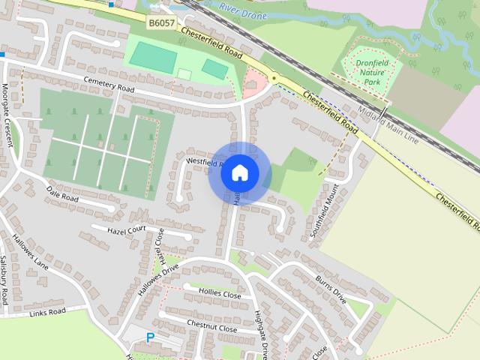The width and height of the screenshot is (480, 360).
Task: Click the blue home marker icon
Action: point(239,172)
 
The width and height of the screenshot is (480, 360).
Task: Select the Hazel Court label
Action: point(124,231)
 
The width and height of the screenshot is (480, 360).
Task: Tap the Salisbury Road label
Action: point(4,278)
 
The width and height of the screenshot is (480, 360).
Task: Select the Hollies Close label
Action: point(220,293)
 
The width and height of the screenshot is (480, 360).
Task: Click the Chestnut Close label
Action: point(211,327)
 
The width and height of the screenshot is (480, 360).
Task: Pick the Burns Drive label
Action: point(330,286)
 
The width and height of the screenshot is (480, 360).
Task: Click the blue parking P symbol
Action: point(150,338)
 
